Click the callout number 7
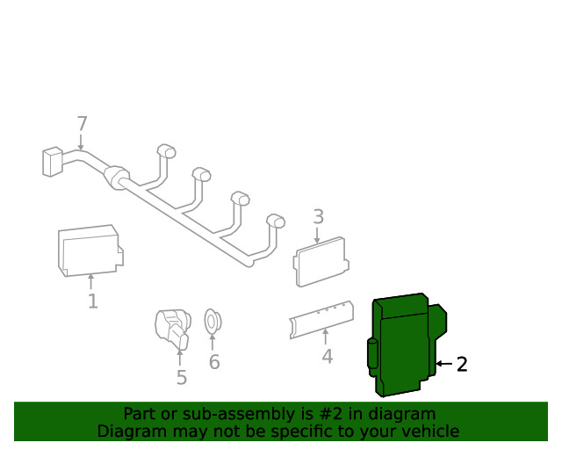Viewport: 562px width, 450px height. pyautogui.click(x=82, y=124)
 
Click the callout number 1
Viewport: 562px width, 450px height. pyautogui.click(x=92, y=302)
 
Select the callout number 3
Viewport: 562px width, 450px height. pyautogui.click(x=319, y=216)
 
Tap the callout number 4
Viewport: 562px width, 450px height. pyautogui.click(x=327, y=357)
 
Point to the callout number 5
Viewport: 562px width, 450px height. pyautogui.click(x=181, y=378)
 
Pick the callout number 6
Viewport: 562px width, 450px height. pyautogui.click(x=214, y=362)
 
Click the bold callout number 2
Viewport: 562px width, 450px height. pyautogui.click(x=462, y=364)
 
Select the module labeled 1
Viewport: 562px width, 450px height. pyautogui.click(x=89, y=250)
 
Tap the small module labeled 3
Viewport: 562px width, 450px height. pyautogui.click(x=320, y=260)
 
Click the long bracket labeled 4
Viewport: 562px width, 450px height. pyautogui.click(x=321, y=318)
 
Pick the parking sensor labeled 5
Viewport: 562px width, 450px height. pyautogui.click(x=170, y=327)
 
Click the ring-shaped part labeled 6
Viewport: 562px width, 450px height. pyautogui.click(x=212, y=322)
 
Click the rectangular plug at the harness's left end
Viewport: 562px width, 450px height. pyautogui.click(x=52, y=162)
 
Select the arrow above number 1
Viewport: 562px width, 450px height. pyautogui.click(x=91, y=282)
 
